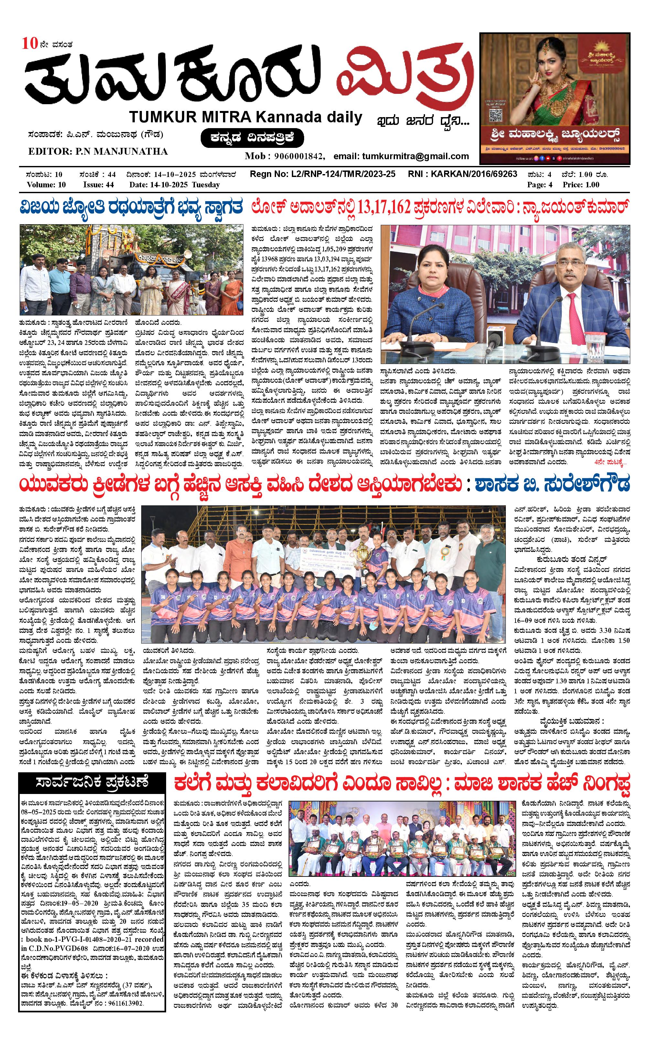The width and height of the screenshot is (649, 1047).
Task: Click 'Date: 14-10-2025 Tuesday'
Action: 174,185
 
